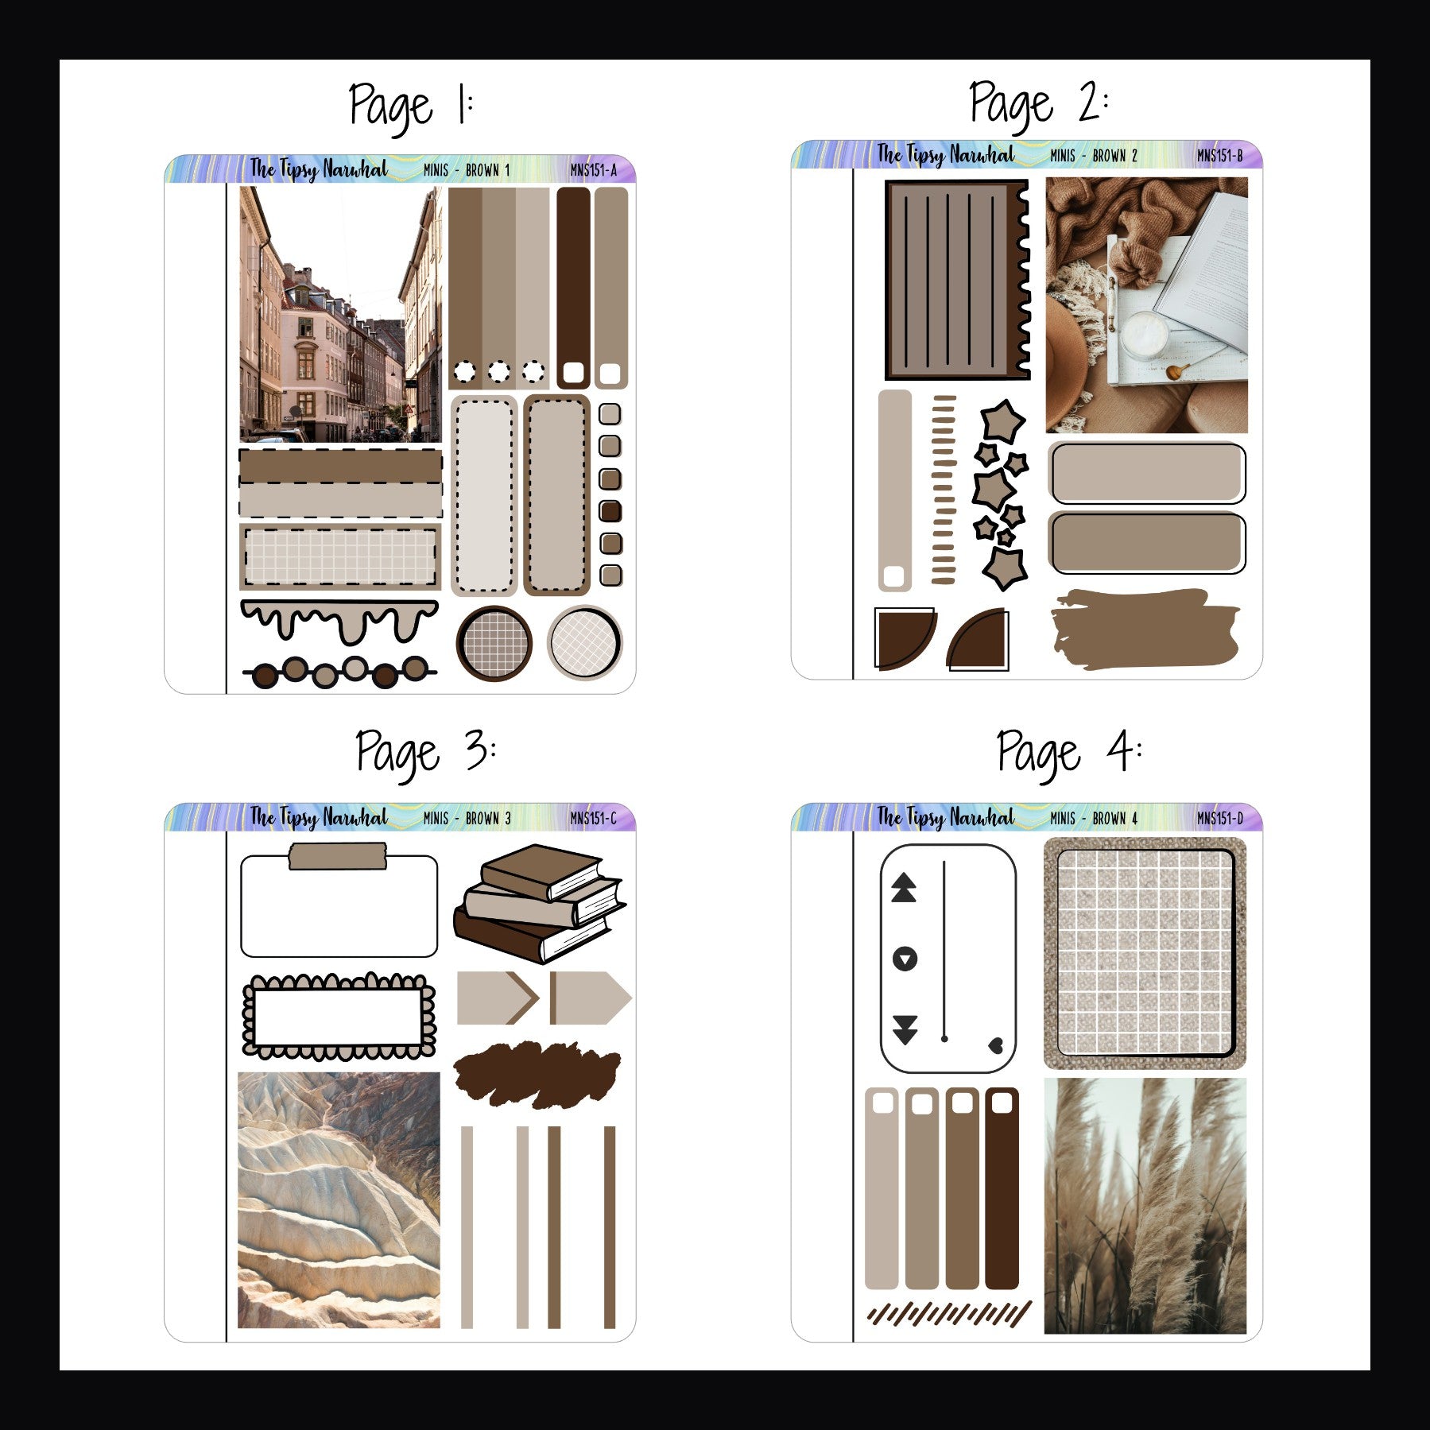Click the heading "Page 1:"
(411, 106)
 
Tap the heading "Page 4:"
(1068, 752)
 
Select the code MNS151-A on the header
(593, 170)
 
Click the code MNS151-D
(1220, 818)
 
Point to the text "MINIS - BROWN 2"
(1094, 156)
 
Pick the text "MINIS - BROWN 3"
(467, 818)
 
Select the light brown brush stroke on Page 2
(1144, 628)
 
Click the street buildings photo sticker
(340, 315)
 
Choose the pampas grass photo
(1145, 1205)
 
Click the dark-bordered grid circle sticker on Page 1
(494, 643)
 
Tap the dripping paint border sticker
(339, 620)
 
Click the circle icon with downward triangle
(905, 959)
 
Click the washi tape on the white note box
(338, 856)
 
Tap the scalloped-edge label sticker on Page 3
(339, 1017)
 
